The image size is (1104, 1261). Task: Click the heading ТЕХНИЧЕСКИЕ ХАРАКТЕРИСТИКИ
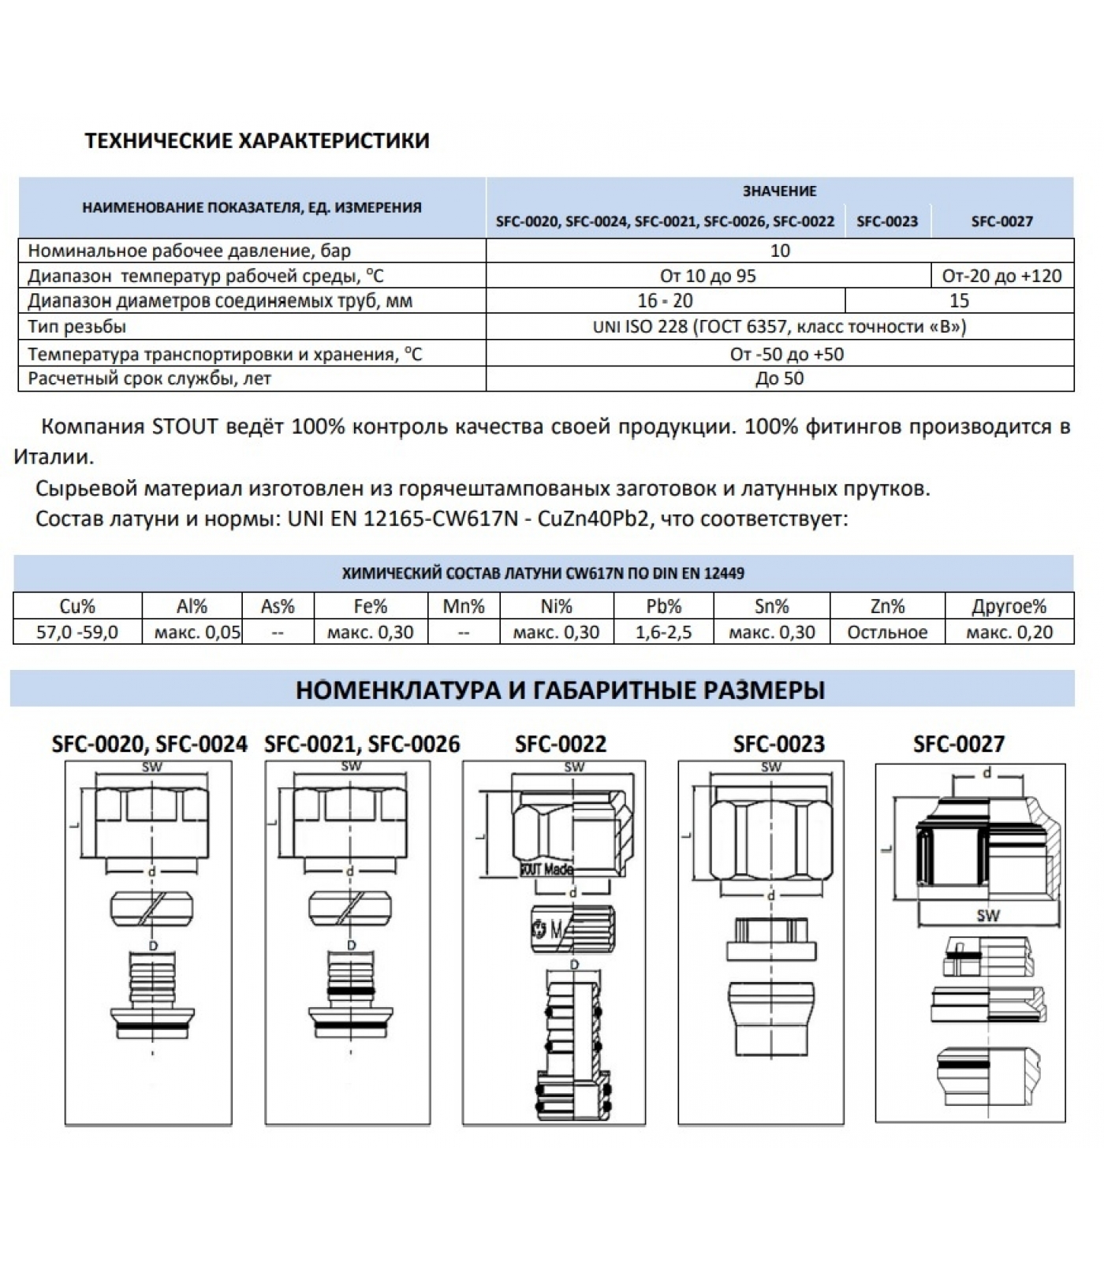point(257,141)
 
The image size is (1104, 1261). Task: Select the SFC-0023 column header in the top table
point(887,221)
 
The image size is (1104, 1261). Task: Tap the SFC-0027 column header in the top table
point(1001,221)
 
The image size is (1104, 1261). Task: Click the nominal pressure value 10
point(779,251)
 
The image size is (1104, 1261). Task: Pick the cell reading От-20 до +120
point(1001,276)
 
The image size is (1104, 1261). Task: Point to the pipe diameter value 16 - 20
point(665,300)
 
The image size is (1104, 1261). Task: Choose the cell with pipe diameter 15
point(959,300)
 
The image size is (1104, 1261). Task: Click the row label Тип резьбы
point(77,326)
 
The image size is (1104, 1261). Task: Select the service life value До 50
point(779,378)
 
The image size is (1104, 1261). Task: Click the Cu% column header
point(77,606)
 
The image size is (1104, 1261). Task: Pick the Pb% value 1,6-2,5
point(663,632)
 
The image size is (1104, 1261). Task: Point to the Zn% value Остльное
point(887,632)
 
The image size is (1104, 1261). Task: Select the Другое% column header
point(1009,606)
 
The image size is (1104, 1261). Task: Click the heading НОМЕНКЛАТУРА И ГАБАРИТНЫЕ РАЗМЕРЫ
point(560,690)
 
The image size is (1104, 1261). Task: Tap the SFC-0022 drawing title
point(561,744)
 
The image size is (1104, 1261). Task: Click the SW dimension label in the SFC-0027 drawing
point(987,915)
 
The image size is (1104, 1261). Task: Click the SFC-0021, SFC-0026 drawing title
point(362,744)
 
